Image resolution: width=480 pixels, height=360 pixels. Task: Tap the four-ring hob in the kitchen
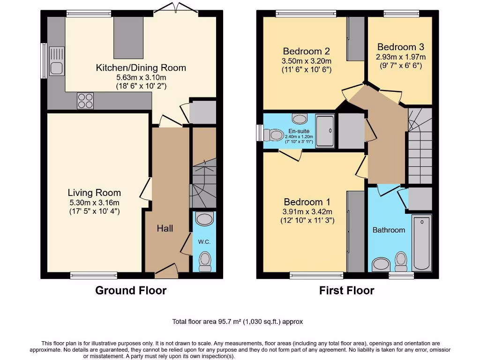[85, 101]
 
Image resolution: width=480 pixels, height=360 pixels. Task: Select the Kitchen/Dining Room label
[141, 67]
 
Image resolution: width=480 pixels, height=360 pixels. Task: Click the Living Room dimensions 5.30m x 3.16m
[94, 202]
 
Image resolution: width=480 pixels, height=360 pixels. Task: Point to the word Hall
[165, 228]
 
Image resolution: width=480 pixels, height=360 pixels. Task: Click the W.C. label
[204, 242]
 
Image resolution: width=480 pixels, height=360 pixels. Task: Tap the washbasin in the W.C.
[204, 219]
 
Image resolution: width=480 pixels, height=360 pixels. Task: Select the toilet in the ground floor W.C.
[205, 261]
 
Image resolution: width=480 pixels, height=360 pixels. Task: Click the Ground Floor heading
[131, 291]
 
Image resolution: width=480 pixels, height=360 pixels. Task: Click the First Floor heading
[346, 291]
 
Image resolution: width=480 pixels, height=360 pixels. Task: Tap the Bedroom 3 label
[401, 47]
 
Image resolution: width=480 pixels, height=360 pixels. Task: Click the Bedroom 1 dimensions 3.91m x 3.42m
[307, 211]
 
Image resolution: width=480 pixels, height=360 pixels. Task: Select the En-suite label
[298, 131]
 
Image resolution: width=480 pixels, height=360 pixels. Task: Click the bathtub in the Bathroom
[421, 243]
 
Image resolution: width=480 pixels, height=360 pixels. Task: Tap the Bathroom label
[389, 230]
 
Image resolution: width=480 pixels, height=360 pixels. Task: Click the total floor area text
[238, 322]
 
